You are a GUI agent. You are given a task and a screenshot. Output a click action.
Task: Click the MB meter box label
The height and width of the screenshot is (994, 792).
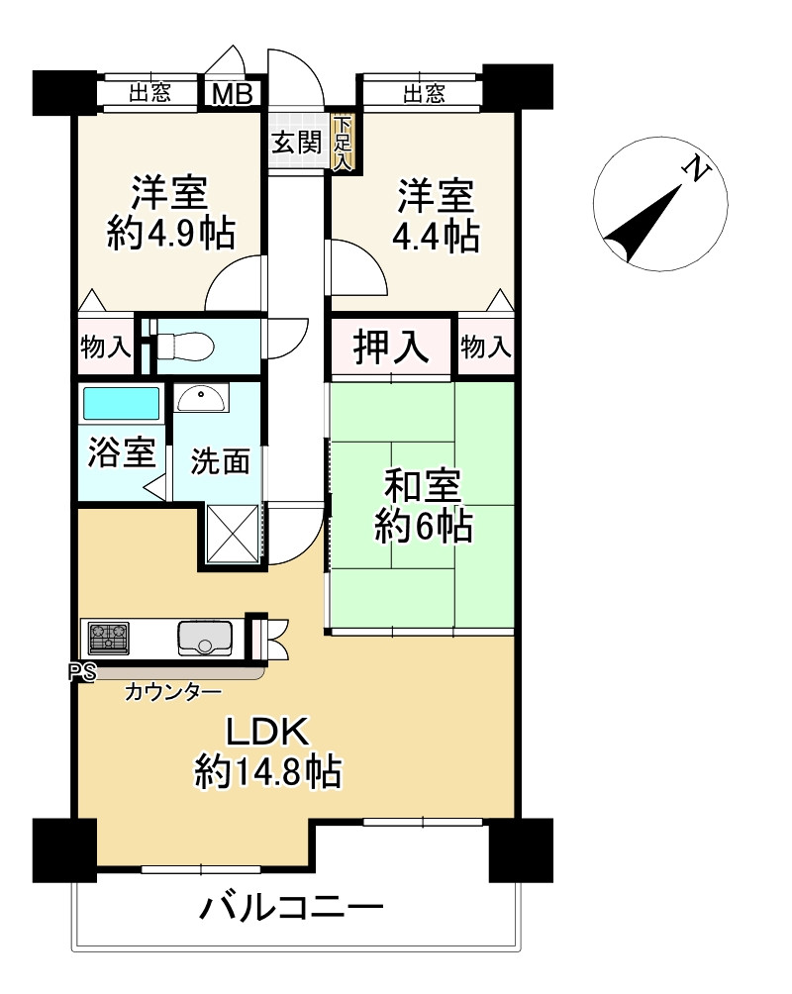coord(232,94)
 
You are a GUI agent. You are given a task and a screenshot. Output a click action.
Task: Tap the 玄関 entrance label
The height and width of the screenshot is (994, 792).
coord(297,142)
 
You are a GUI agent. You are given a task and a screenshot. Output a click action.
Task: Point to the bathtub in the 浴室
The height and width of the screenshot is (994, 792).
coord(121,403)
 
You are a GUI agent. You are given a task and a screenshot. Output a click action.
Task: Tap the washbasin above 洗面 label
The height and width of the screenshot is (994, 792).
coord(200,399)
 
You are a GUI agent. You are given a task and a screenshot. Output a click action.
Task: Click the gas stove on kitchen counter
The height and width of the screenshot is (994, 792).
coord(109,638)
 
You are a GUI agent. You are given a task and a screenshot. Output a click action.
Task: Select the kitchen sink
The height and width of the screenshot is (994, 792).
coord(205,638)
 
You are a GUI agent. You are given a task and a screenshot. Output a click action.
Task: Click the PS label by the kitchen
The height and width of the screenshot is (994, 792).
coord(82,672)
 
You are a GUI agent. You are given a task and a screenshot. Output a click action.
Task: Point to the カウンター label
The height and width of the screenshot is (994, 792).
coord(172,692)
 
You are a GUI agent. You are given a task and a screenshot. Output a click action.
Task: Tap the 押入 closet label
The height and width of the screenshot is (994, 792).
coord(391,347)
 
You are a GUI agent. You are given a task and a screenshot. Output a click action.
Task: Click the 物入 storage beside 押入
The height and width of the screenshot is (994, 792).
coord(486,347)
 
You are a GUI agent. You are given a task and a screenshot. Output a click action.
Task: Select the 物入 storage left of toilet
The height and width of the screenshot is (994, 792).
coord(106,347)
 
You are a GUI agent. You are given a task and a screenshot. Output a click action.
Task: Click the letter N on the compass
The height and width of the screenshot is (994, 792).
coord(696,168)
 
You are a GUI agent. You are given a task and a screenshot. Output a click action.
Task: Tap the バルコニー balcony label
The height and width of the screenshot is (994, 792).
coord(292,908)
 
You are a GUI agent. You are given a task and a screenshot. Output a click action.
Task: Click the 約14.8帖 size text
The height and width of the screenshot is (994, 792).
coord(268,771)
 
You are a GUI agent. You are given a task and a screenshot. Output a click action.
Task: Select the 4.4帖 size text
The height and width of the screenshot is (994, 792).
coord(436,236)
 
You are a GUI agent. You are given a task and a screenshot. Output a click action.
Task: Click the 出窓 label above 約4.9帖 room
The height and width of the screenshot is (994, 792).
coord(150,93)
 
